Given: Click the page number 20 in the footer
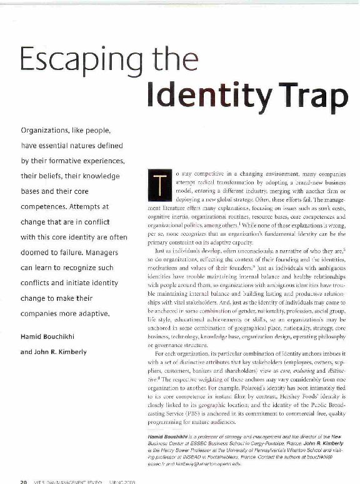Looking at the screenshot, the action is [x=23, y=481].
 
